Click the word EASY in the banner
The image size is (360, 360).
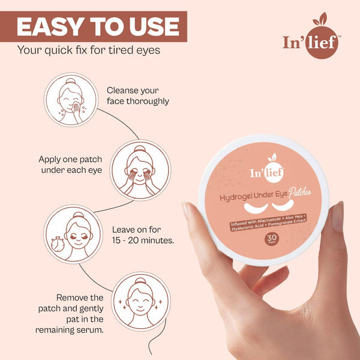50,26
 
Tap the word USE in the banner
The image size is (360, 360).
154,26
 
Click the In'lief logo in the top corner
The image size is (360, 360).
312,36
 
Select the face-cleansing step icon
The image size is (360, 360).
71,100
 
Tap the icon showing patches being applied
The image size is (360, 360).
140,170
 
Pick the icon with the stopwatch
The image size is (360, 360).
73,234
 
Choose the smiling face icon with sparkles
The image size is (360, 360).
141,301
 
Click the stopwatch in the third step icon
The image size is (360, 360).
57,244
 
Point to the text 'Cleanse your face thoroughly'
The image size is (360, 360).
138,96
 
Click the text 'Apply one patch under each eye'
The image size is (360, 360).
70,164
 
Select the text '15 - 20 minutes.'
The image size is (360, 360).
143,241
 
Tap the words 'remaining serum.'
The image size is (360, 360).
70,330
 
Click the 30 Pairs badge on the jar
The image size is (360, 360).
272,239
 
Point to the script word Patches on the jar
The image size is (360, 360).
299,192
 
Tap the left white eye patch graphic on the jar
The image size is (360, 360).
256,208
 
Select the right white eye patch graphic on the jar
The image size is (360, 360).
283,205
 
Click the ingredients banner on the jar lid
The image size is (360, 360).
268,223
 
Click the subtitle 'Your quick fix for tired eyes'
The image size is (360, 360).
89,50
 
